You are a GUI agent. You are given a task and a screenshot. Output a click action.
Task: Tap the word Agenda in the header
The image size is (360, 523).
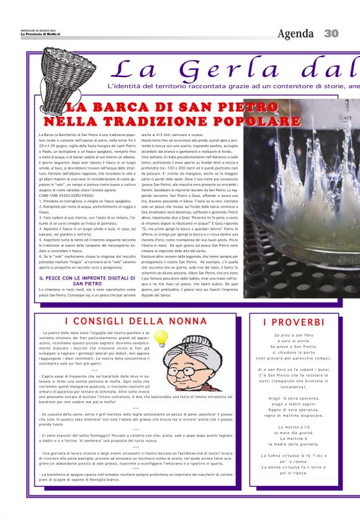point(297,34)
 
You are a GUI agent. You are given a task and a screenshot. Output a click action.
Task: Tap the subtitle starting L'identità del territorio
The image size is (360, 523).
point(230,85)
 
